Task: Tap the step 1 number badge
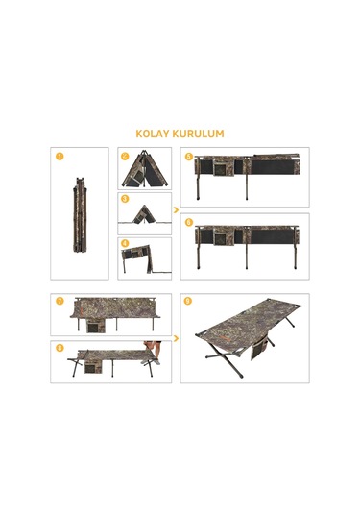(x=60, y=156)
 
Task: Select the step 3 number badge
(x=126, y=199)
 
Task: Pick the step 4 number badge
(x=126, y=244)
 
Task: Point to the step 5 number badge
(x=189, y=156)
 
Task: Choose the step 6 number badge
(x=189, y=222)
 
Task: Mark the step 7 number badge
(x=60, y=301)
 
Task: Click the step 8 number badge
(x=60, y=348)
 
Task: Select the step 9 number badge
(x=189, y=301)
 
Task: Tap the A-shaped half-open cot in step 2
(x=147, y=170)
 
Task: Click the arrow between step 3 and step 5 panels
(x=176, y=208)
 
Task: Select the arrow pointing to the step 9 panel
(x=176, y=338)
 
